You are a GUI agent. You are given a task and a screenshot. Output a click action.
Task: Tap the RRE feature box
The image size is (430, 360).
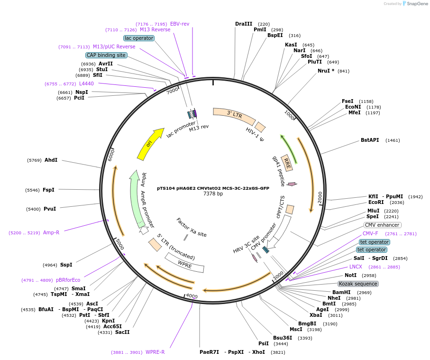coord(287,163)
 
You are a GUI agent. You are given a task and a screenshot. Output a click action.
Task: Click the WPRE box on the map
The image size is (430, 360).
coord(185,263)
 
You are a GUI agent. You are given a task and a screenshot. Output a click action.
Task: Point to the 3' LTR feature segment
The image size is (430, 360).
coord(234,114)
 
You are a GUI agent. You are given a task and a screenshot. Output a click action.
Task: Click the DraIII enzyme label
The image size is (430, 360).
coord(244,24)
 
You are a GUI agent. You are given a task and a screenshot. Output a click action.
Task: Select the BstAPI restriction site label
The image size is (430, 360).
coord(370,140)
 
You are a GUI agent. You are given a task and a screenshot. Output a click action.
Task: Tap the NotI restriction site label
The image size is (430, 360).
coord(350,275)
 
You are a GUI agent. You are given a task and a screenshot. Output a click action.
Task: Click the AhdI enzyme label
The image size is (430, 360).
coord(51,160)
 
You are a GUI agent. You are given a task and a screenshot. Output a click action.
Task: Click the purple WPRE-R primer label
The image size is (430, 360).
coord(155,352)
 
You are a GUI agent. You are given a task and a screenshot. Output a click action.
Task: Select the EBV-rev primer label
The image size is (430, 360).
coord(180,24)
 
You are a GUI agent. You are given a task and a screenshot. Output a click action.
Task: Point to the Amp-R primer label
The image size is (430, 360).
coord(51,232)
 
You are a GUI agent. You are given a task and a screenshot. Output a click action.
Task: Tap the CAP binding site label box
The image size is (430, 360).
coord(106,55)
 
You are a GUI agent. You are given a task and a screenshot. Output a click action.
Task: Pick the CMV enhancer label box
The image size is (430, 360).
coord(382,225)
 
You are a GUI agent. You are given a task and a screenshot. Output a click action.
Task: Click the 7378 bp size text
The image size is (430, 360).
coord(213,194)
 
